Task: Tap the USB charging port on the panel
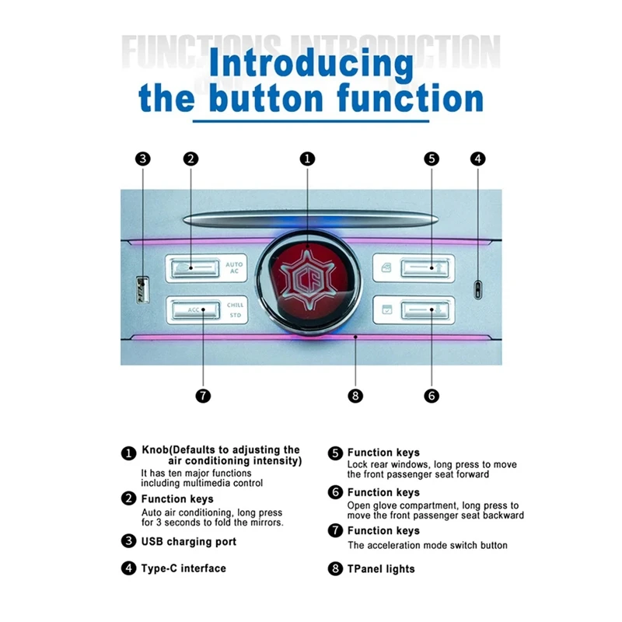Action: pyautogui.click(x=141, y=289)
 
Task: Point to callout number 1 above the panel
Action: pyautogui.click(x=308, y=159)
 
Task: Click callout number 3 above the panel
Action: pyautogui.click(x=142, y=159)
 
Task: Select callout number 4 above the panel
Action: pyautogui.click(x=478, y=159)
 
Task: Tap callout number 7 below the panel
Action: pyautogui.click(x=203, y=395)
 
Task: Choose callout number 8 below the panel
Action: pyautogui.click(x=356, y=395)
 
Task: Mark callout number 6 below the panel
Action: pyautogui.click(x=432, y=395)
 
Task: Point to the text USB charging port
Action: pyautogui.click(x=188, y=541)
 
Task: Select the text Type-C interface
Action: pyautogui.click(x=183, y=568)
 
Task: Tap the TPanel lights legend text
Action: pyautogui.click(x=381, y=569)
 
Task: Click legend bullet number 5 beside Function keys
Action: pyautogui.click(x=335, y=453)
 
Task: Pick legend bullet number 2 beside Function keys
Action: pyautogui.click(x=128, y=499)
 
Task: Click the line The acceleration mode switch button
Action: pyautogui.click(x=427, y=546)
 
